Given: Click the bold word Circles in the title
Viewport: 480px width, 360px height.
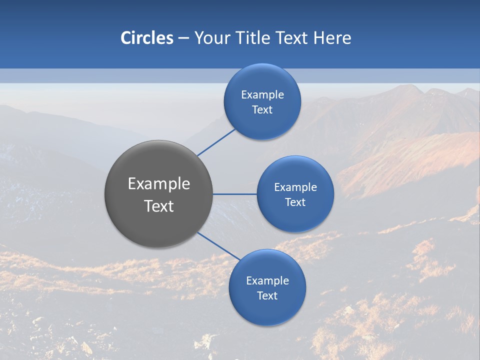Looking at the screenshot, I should (x=147, y=38).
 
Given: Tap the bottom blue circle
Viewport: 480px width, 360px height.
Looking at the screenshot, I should (x=267, y=310).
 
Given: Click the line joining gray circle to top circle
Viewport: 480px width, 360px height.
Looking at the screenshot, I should (x=216, y=142).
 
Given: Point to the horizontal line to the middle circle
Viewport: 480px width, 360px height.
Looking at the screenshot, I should (x=235, y=194).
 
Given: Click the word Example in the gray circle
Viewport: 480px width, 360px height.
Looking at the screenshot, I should (x=159, y=184).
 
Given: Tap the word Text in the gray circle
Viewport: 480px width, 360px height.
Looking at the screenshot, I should (x=159, y=206).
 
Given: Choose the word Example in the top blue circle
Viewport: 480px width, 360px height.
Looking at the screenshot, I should (x=262, y=95).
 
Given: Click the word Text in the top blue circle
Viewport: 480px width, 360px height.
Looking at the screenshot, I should (x=262, y=110).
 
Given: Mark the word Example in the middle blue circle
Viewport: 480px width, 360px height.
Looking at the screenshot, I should (x=295, y=187).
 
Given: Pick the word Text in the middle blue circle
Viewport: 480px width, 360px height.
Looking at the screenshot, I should (x=295, y=202).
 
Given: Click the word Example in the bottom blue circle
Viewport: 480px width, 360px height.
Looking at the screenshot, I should (x=267, y=281).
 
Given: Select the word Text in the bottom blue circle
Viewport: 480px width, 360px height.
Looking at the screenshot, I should (x=267, y=296).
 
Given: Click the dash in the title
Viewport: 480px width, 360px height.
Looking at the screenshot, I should (x=183, y=38).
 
